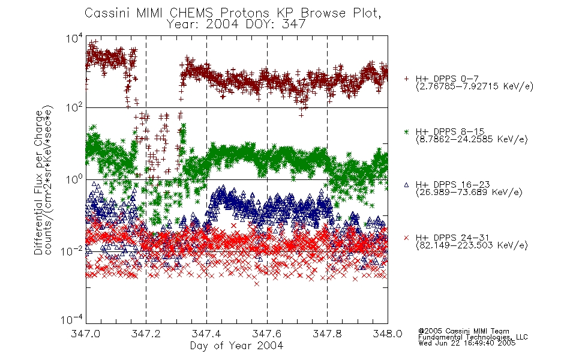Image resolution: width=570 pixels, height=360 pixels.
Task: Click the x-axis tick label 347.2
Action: [x=146, y=334]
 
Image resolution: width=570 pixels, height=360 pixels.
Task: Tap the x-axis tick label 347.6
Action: [x=267, y=334]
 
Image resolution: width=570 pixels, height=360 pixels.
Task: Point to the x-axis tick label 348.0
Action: [x=388, y=334]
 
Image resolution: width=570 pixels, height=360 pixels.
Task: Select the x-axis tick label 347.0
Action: [x=86, y=334]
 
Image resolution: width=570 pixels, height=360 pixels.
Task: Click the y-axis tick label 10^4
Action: [x=74, y=38]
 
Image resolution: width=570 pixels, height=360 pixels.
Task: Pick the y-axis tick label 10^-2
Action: [x=73, y=251]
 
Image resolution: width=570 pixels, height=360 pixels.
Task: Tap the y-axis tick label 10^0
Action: [x=74, y=179]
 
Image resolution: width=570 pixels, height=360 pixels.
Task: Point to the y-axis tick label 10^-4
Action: [x=73, y=319]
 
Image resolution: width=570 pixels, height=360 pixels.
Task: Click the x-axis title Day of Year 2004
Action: [x=236, y=346]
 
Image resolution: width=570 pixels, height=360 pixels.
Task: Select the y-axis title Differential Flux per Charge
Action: [x=38, y=182]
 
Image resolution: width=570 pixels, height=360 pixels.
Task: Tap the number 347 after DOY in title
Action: [x=294, y=25]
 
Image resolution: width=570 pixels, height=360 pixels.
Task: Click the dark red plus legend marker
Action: [x=406, y=79]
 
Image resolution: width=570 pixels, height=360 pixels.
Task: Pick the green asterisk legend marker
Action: [x=406, y=131]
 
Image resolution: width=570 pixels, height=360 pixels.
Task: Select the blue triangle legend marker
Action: [x=406, y=185]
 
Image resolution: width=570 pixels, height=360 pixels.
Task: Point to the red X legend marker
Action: [x=406, y=238]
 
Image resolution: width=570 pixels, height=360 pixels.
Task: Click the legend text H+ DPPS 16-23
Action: [x=452, y=185]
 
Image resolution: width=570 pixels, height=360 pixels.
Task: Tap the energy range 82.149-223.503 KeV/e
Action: [x=472, y=245]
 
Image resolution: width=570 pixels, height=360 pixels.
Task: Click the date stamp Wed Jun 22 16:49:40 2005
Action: [x=467, y=343]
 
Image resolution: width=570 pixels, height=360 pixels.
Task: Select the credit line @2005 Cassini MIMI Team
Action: [x=463, y=331]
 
